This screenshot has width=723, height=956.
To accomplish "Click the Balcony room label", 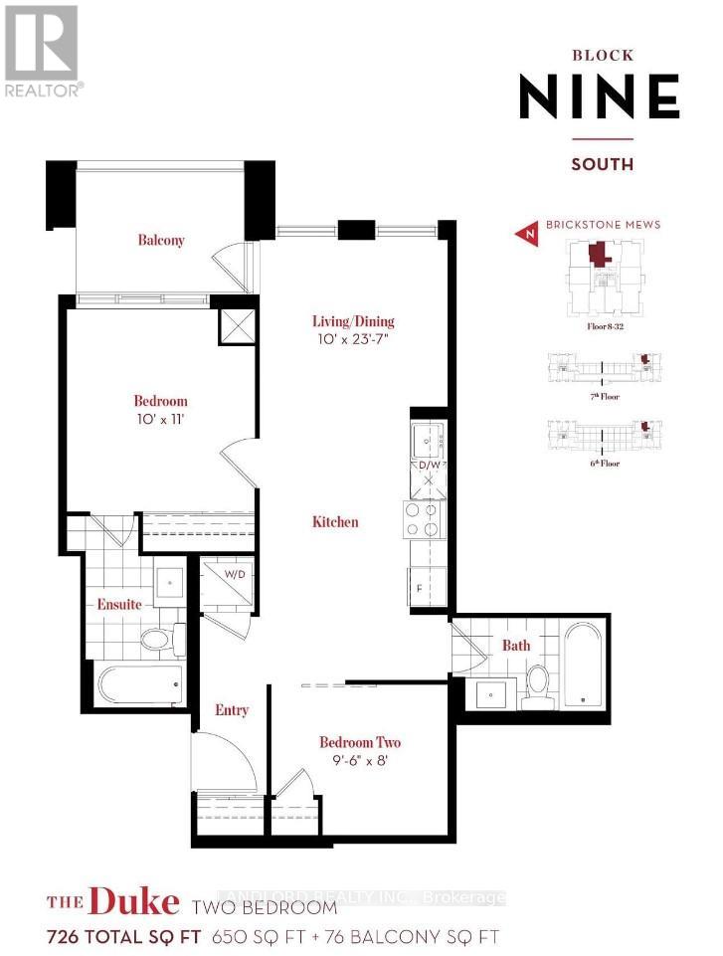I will (161, 240).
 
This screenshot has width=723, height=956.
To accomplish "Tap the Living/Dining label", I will (353, 321).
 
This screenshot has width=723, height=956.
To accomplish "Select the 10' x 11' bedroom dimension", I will (160, 420).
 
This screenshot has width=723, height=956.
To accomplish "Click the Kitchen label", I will (335, 522).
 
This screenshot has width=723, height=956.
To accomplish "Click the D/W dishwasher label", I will (429, 465).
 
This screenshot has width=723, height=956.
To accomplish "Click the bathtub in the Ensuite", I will (140, 683).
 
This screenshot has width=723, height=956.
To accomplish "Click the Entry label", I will (231, 710).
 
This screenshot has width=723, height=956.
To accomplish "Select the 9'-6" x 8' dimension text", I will (360, 763).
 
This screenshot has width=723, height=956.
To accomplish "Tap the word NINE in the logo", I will (600, 97).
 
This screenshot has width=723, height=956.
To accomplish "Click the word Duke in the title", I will (133, 902).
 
